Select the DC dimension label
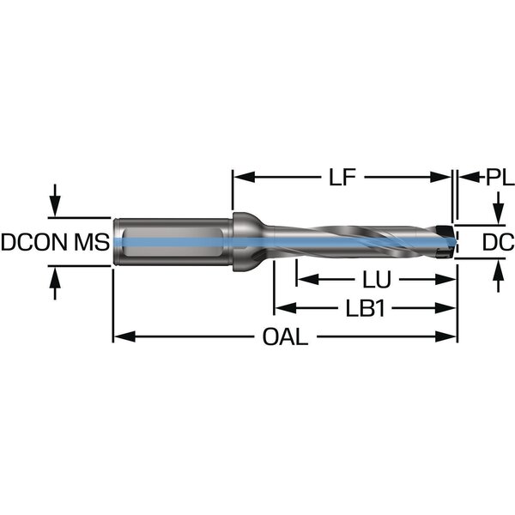pyautogui.click(x=497, y=243)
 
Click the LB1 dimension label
pyautogui.click(x=364, y=308)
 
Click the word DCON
pyautogui.click(x=33, y=243)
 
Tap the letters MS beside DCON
pyautogui.click(x=90, y=243)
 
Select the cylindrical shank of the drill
pyautogui.click(x=172, y=242)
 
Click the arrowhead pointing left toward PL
pyautogui.click(x=464, y=178)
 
